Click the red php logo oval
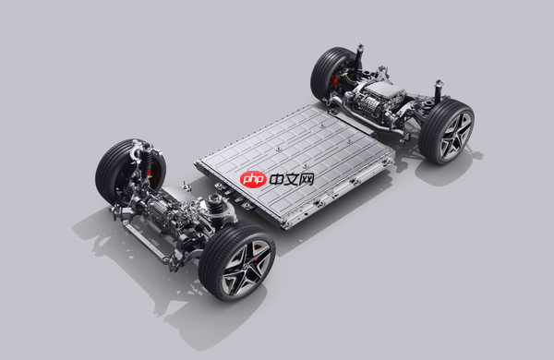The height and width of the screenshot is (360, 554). point(253,179)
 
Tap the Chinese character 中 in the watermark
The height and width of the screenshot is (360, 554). point(277,179)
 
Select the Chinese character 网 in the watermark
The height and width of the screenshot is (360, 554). point(307,179)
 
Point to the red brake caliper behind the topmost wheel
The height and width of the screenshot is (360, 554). point(334,82)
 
